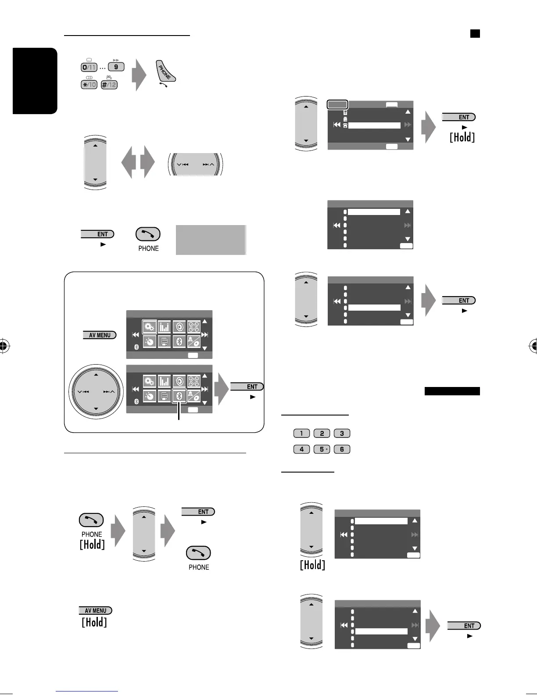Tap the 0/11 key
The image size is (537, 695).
tap(89, 67)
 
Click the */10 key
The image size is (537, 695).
tap(89, 84)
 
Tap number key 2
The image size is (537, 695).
tap(322, 433)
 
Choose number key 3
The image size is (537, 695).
tap(342, 433)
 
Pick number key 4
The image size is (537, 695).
tap(301, 449)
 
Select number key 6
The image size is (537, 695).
tap(342, 449)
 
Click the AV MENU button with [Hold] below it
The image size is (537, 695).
tap(96, 610)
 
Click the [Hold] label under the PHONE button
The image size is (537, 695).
tap(92, 545)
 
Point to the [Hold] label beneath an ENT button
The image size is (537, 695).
tap(462, 137)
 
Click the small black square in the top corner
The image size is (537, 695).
tap(475, 33)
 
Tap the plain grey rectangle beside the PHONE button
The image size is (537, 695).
tap(211, 240)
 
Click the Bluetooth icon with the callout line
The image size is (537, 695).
tap(179, 394)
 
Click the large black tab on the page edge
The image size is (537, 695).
tap(35, 81)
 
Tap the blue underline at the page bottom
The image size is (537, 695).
tap(87, 692)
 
